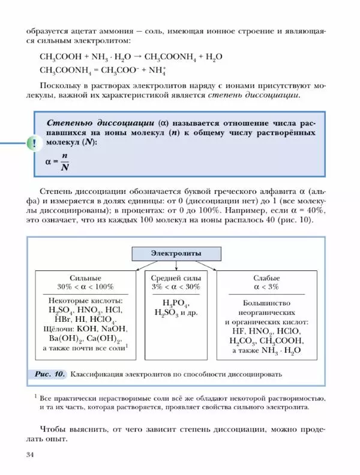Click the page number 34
tap(31, 453)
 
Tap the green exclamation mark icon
tap(31, 144)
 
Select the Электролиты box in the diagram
tap(176, 253)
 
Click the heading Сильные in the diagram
tap(85, 278)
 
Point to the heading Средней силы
tap(176, 278)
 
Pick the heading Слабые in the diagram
tap(267, 278)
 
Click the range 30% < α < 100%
tap(85, 287)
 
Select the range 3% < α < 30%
tap(176, 287)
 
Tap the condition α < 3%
tap(267, 287)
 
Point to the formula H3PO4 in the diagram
tap(170, 303)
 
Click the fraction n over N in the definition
tap(64, 161)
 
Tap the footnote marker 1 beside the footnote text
tap(36, 396)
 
